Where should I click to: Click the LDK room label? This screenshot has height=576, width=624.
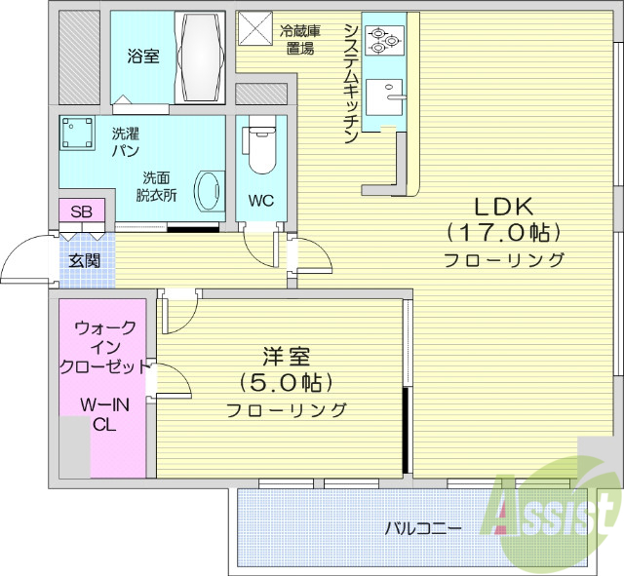pyautogui.click(x=503, y=207)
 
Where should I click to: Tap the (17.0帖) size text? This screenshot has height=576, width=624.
pyautogui.click(x=503, y=233)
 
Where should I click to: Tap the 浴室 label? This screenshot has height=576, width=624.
pyautogui.click(x=142, y=57)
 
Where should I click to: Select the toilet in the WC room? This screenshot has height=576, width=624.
pyautogui.click(x=260, y=147)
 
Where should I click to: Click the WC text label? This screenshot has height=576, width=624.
pyautogui.click(x=259, y=202)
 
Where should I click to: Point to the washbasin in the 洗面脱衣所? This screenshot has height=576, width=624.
pyautogui.click(x=208, y=190)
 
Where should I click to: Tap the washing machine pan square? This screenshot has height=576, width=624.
pyautogui.click(x=78, y=133)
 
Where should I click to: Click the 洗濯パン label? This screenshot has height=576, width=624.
pyautogui.click(x=125, y=142)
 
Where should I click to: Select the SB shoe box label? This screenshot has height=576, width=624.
pyautogui.click(x=82, y=211)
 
